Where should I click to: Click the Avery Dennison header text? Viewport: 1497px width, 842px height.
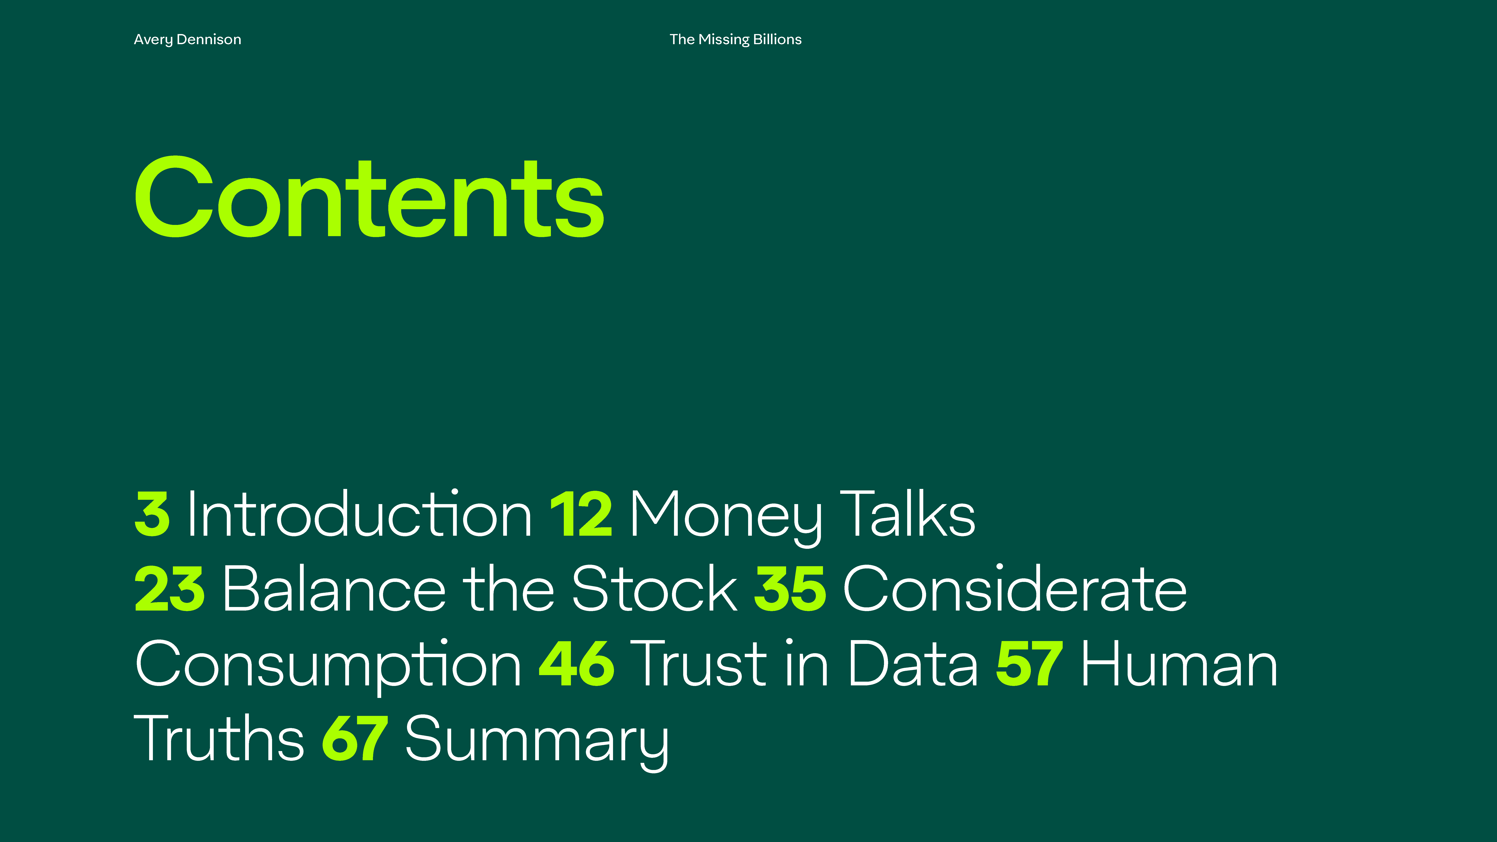[x=187, y=39]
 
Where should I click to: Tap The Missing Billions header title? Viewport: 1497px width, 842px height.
[x=735, y=39]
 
